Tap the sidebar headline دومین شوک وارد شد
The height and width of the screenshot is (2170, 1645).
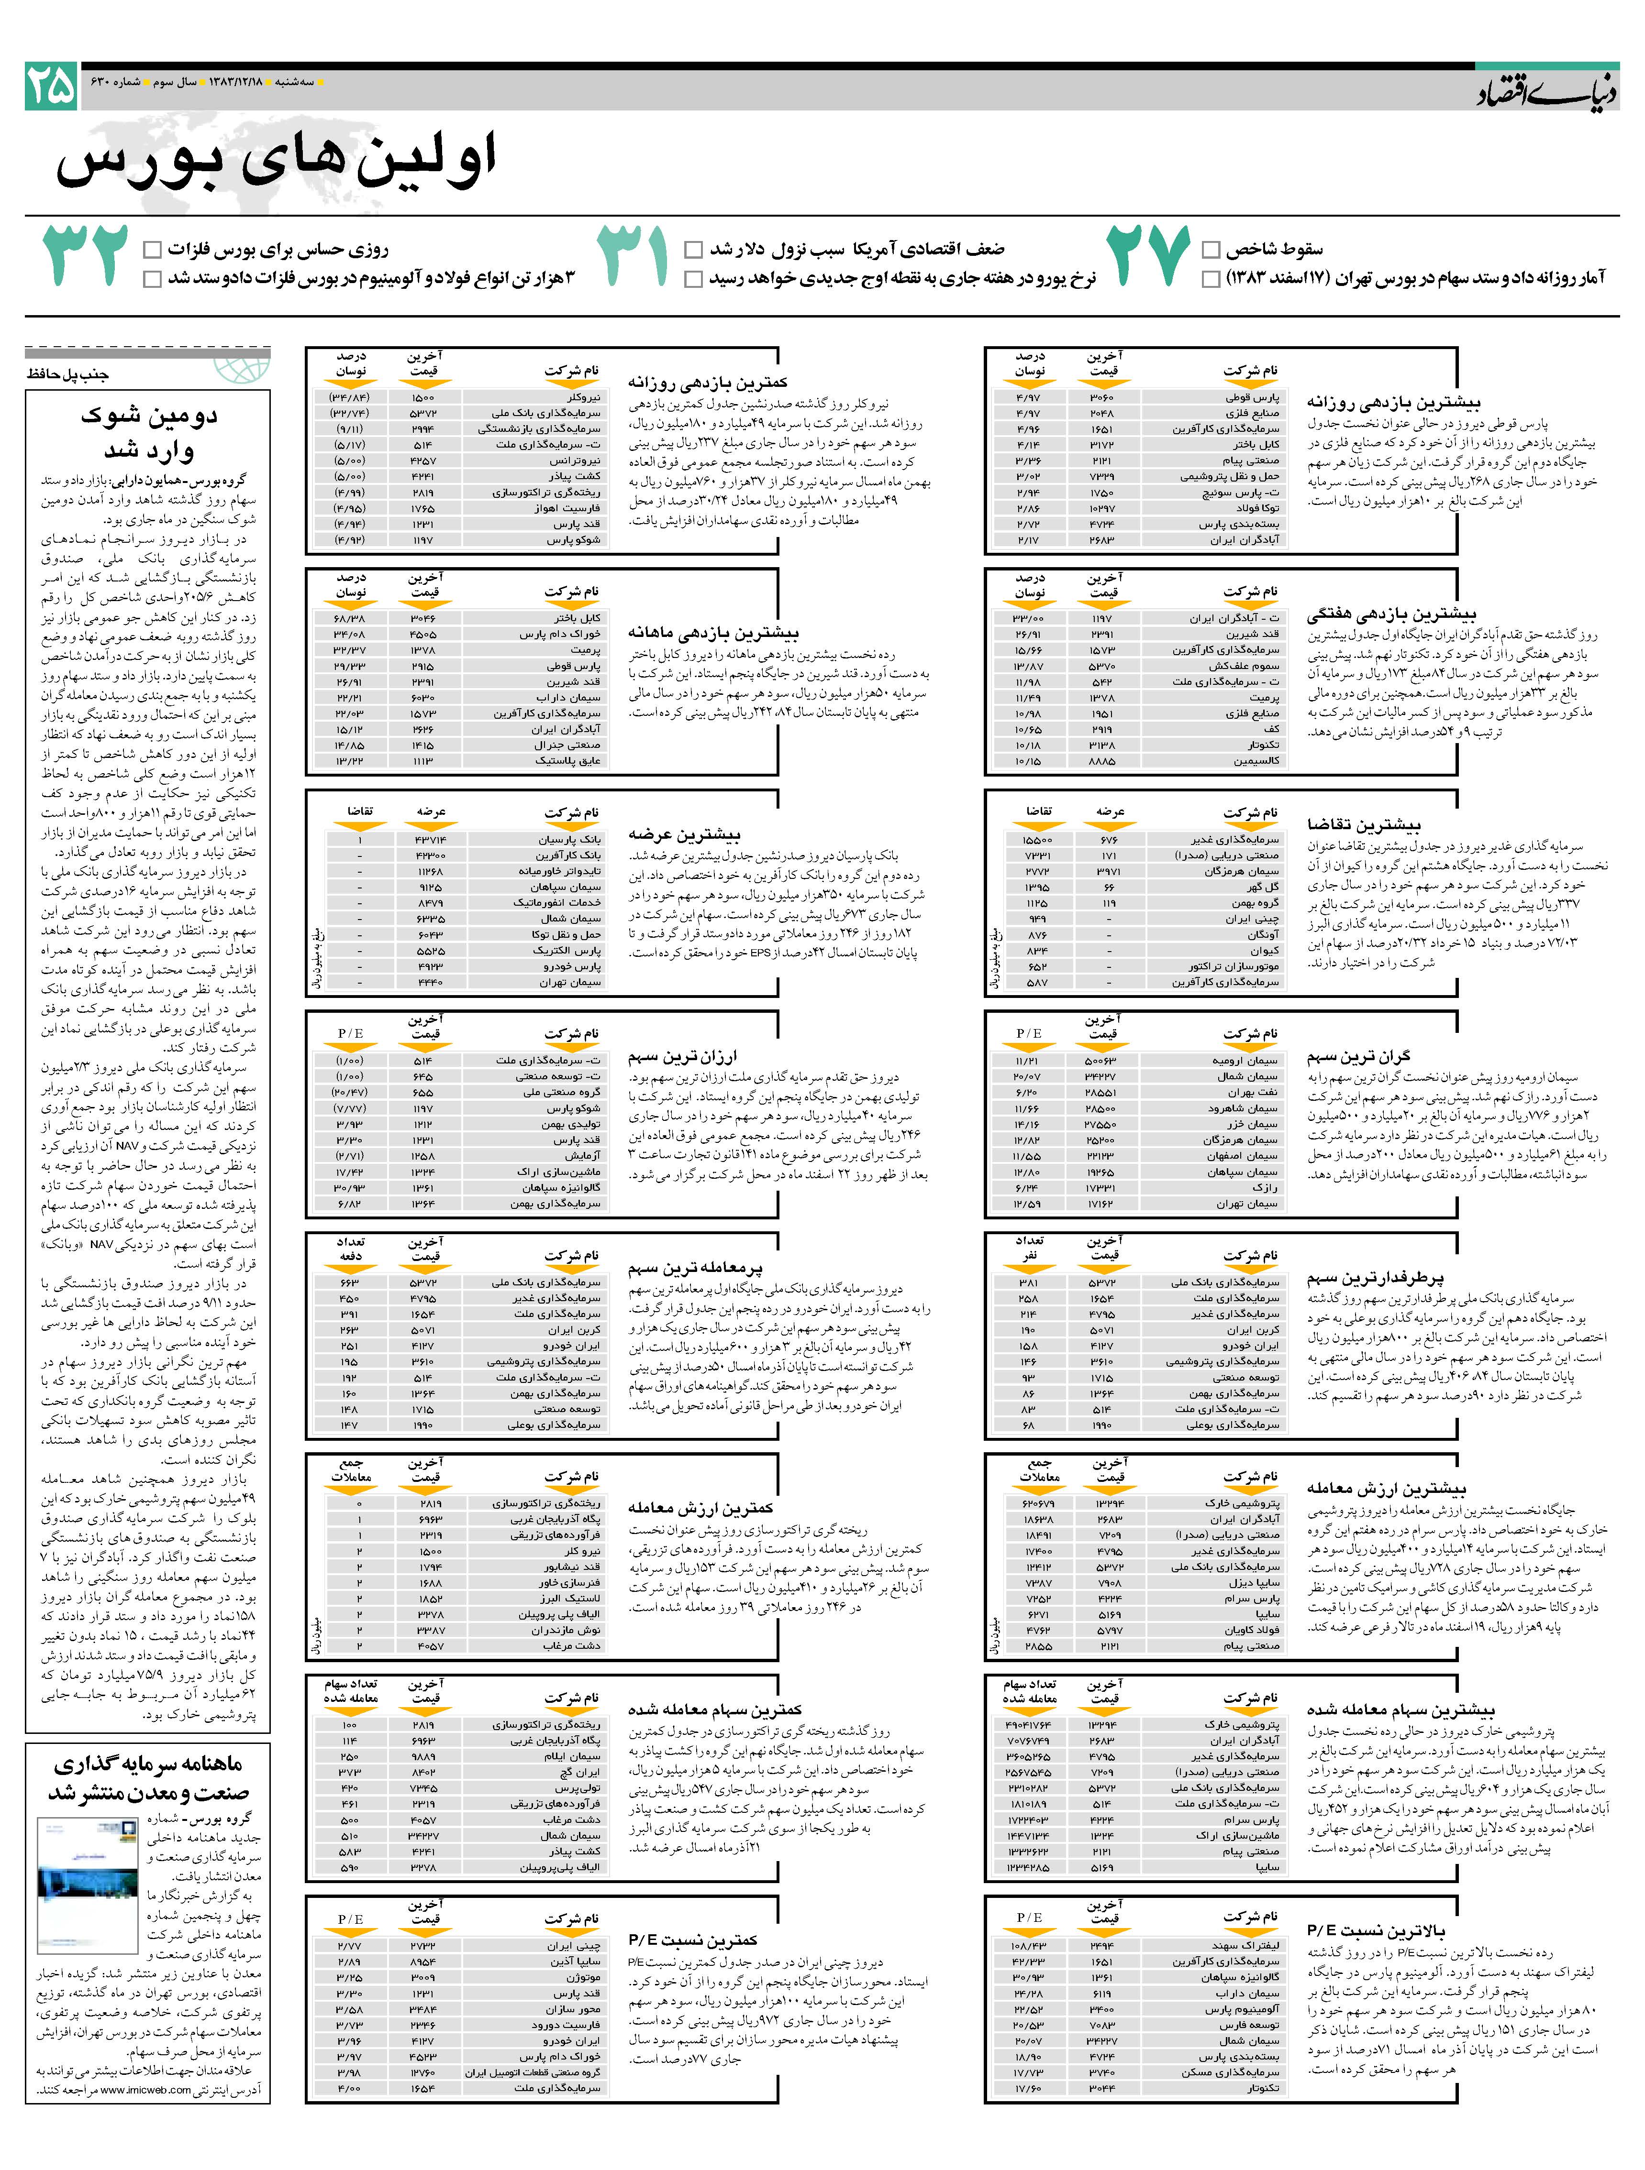pos(149,433)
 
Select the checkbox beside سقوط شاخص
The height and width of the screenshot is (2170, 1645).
pos(1211,249)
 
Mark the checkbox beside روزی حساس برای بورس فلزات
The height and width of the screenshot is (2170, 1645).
pos(152,249)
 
